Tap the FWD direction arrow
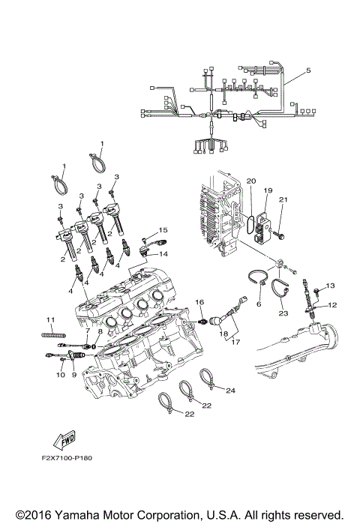[x=63, y=438]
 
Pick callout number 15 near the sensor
[x=162, y=229]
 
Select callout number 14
[x=163, y=254]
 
